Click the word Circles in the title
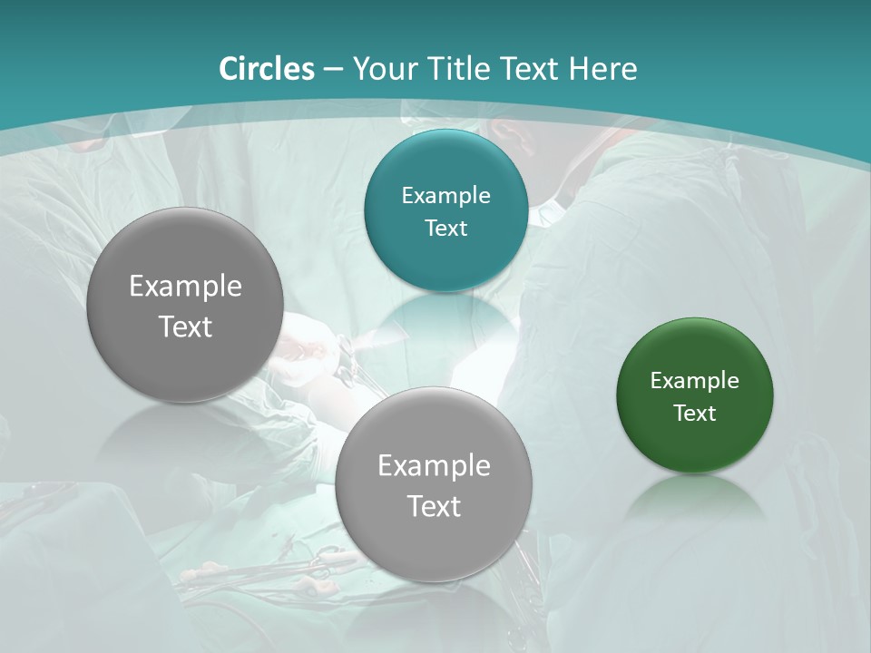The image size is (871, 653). pos(267,69)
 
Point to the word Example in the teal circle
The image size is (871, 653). pos(445,196)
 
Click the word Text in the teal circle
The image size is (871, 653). pos(445,229)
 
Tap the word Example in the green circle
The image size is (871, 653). pos(694,381)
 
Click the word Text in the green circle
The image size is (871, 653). pos(694,414)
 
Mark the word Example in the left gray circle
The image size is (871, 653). pos(185,287)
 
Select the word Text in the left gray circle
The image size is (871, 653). pos(185,326)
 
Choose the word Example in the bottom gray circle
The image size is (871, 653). pos(434,466)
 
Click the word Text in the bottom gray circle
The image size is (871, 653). pos(434,506)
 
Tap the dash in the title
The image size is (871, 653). pos(333,69)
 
